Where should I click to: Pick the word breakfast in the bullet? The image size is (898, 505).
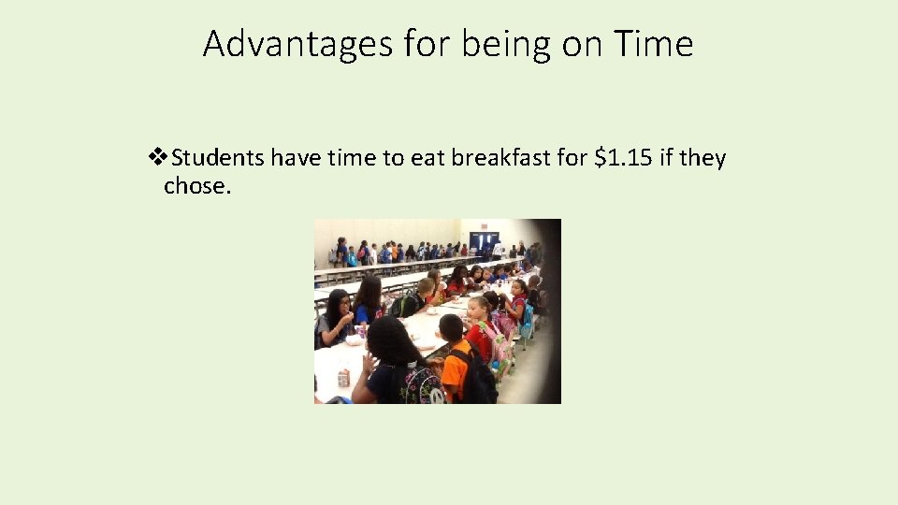coord(500,158)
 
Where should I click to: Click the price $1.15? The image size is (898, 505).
coord(624,158)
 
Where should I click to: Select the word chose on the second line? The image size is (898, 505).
coord(195,186)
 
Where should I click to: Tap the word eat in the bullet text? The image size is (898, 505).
coord(427,158)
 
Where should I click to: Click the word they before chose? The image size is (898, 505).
coord(702,158)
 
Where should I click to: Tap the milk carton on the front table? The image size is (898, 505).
coord(343,378)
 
